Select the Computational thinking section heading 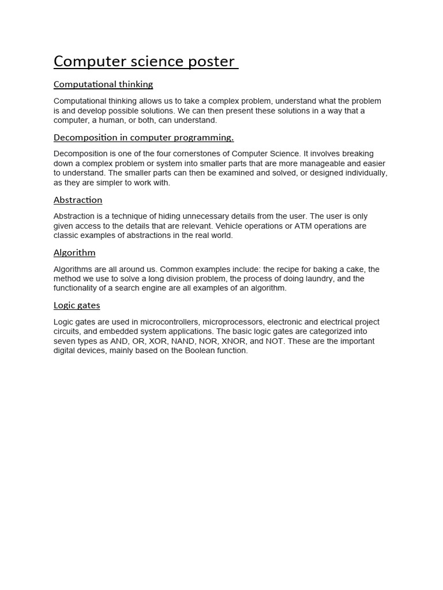point(103,84)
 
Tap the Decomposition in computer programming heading point(144,137)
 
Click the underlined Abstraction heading point(78,200)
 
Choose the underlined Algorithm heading point(74,252)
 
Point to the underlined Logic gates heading point(77,305)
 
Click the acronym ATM point(303,226)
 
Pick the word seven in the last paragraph point(64,341)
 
